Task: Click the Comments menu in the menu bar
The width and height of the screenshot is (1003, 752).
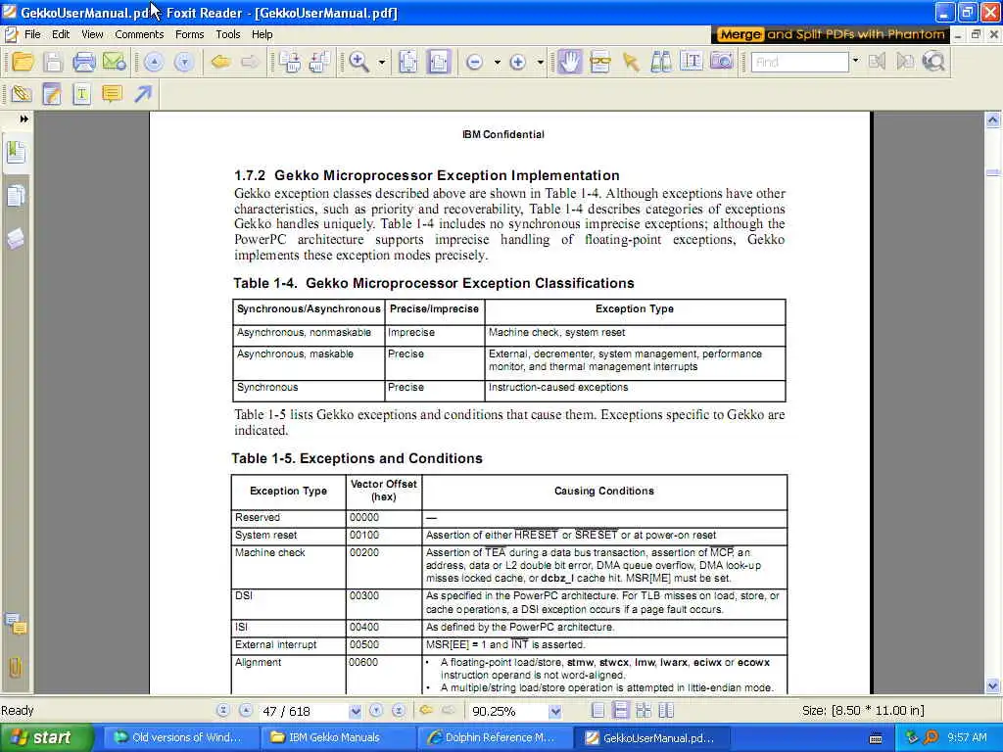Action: tap(139, 34)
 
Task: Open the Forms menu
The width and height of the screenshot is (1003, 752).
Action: tap(189, 34)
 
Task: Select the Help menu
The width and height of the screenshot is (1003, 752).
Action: tap(262, 34)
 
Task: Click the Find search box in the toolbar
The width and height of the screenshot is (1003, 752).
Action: tap(799, 62)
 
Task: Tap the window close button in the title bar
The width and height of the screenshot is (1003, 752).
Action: tap(988, 13)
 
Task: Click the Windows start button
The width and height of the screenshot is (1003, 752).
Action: tap(47, 737)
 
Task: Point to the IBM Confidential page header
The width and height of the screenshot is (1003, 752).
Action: tap(502, 134)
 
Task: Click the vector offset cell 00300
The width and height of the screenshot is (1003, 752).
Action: tap(364, 595)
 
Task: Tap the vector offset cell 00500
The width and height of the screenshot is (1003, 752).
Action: tap(364, 645)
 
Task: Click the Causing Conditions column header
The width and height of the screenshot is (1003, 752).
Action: tap(603, 492)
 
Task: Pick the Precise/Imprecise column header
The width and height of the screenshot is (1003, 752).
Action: tap(434, 309)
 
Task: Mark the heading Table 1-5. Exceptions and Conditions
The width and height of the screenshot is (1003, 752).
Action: tap(357, 458)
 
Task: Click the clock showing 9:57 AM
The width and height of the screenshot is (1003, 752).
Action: tap(967, 737)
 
